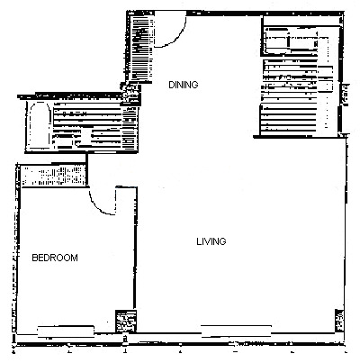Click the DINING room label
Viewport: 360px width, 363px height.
click(184, 85)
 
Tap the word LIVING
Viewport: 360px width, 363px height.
click(211, 241)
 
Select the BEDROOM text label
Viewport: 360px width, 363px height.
click(55, 258)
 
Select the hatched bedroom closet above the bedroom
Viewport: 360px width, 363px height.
click(53, 176)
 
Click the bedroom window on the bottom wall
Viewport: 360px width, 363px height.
click(66, 331)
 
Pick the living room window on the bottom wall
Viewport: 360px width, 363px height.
click(236, 331)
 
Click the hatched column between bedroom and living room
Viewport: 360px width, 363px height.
click(126, 321)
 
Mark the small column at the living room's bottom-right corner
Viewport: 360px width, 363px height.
click(339, 321)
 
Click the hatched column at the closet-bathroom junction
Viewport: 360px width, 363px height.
click(130, 94)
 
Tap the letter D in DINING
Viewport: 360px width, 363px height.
click(171, 85)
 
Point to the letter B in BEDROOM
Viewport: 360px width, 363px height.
click(34, 258)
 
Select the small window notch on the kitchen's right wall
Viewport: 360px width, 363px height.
click(346, 95)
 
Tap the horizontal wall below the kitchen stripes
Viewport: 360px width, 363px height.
click(300, 137)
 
